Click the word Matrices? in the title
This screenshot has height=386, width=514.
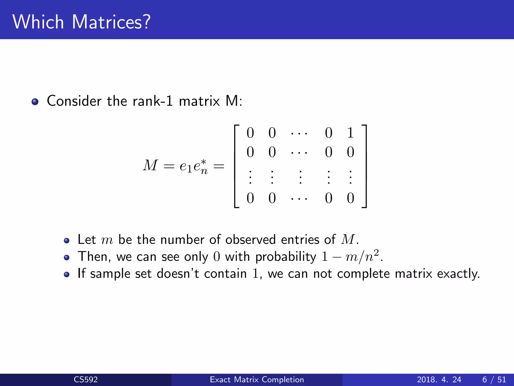click(x=111, y=22)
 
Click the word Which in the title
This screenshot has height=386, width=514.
click(x=38, y=22)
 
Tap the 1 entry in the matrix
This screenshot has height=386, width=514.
click(x=350, y=133)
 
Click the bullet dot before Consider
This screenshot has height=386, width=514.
click(x=35, y=102)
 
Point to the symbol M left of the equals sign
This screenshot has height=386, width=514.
click(x=150, y=165)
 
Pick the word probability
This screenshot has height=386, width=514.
click(x=286, y=257)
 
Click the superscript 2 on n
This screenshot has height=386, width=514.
click(x=376, y=252)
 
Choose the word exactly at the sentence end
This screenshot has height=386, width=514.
click(x=458, y=274)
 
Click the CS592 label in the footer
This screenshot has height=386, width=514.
click(x=86, y=379)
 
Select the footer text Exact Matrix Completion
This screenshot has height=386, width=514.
click(x=257, y=379)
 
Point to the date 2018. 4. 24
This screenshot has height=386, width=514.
click(x=439, y=379)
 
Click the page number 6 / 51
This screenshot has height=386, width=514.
click(x=494, y=379)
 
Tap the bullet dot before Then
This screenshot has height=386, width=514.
click(x=67, y=258)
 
